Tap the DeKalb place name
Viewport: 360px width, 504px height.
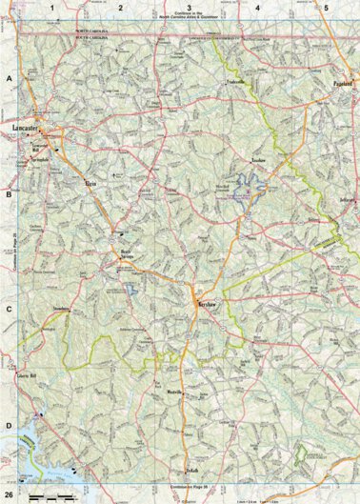[x=190, y=469]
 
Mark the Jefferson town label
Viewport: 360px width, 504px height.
[x=347, y=200]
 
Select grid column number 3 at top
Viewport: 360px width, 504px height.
[x=190, y=8]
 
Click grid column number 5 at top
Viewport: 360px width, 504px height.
[x=326, y=8]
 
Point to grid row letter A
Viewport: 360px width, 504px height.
[x=9, y=81]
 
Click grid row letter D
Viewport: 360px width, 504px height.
[x=9, y=426]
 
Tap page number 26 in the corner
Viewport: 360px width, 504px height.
[x=9, y=495]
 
